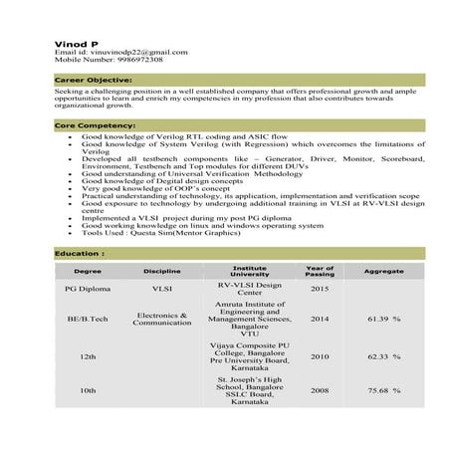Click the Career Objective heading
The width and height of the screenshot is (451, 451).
(x=94, y=79)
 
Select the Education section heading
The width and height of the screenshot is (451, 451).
(x=81, y=254)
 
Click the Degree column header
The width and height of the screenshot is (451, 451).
(x=88, y=271)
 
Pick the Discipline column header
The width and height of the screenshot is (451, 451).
(x=161, y=271)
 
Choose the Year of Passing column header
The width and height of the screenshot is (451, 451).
(x=320, y=271)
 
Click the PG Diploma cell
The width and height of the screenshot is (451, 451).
(x=88, y=289)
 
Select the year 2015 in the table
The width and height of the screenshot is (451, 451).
(x=320, y=289)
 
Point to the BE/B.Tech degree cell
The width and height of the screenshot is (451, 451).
(x=88, y=319)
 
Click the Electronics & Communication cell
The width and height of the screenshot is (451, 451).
(x=161, y=319)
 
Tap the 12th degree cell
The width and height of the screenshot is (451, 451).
(x=88, y=355)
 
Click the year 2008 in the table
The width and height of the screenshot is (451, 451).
(x=320, y=391)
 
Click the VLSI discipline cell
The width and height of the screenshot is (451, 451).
(x=161, y=289)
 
